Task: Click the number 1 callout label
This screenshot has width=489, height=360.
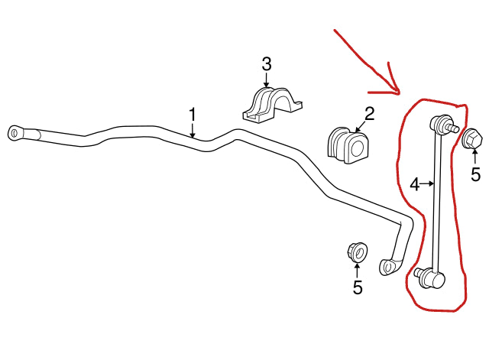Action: tap(193, 115)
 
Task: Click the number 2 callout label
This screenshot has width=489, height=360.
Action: tap(369, 115)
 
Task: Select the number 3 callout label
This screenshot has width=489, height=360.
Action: tap(266, 64)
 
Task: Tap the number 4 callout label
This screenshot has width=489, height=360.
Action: tap(413, 183)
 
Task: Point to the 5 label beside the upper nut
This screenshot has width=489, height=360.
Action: tap(475, 175)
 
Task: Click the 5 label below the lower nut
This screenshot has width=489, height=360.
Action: tap(358, 288)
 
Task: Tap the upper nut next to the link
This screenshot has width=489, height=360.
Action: tap(471, 139)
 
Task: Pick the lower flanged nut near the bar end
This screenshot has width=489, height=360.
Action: tap(356, 251)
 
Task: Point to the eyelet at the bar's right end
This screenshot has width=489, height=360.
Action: tap(387, 265)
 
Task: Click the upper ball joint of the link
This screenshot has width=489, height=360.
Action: tap(442, 122)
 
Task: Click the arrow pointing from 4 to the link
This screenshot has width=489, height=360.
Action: tap(428, 183)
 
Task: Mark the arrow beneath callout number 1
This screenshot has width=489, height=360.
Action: tap(193, 131)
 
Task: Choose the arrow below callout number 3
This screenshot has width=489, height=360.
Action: tap(267, 82)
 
